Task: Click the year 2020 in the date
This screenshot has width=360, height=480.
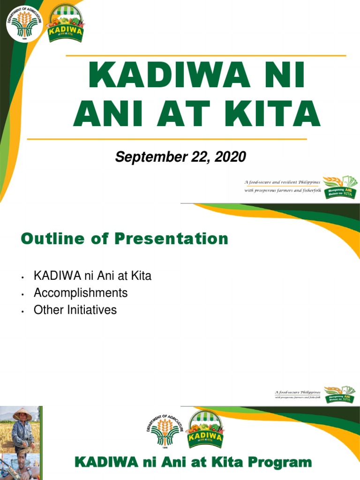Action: click(x=230, y=157)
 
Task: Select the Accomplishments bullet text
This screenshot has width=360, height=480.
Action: click(x=81, y=293)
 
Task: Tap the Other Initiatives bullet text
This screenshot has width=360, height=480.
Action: click(x=75, y=310)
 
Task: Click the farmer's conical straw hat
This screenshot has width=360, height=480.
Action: click(x=22, y=414)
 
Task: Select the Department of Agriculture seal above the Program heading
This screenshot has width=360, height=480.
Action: click(x=164, y=429)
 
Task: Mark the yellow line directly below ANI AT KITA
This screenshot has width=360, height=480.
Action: click(x=166, y=139)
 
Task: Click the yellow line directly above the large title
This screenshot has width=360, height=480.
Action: click(x=206, y=55)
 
